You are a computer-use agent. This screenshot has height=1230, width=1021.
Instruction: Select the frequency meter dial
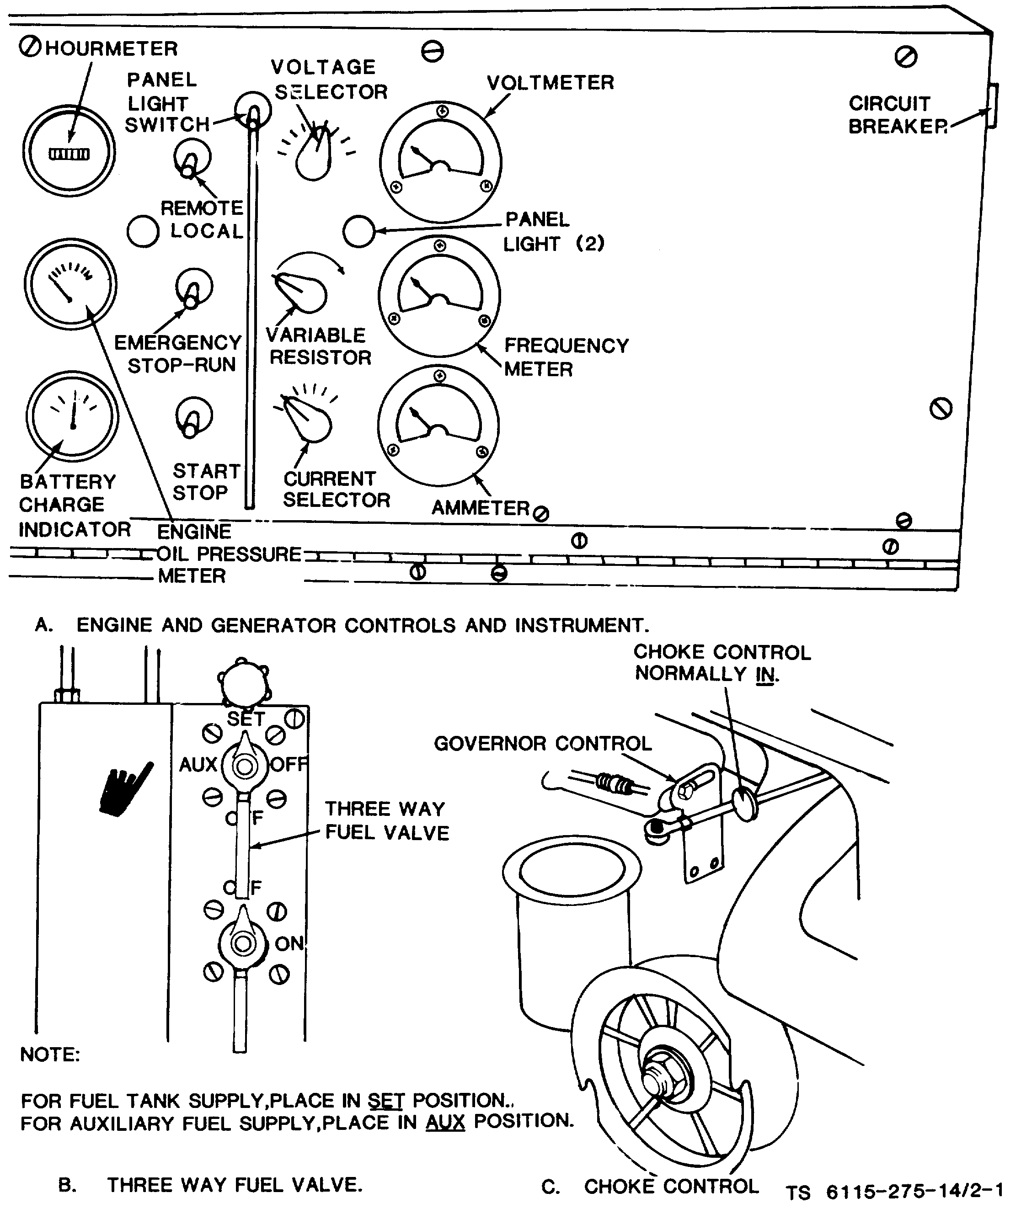tap(439, 296)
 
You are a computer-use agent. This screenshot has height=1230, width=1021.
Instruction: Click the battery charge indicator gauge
tap(72, 416)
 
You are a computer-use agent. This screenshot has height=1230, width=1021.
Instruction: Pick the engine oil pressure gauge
tap(70, 284)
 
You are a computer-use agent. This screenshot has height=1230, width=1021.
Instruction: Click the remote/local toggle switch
tap(192, 159)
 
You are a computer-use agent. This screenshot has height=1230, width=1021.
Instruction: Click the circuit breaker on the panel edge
tap(992, 106)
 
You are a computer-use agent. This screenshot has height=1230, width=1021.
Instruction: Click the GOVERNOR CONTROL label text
tap(542, 743)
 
